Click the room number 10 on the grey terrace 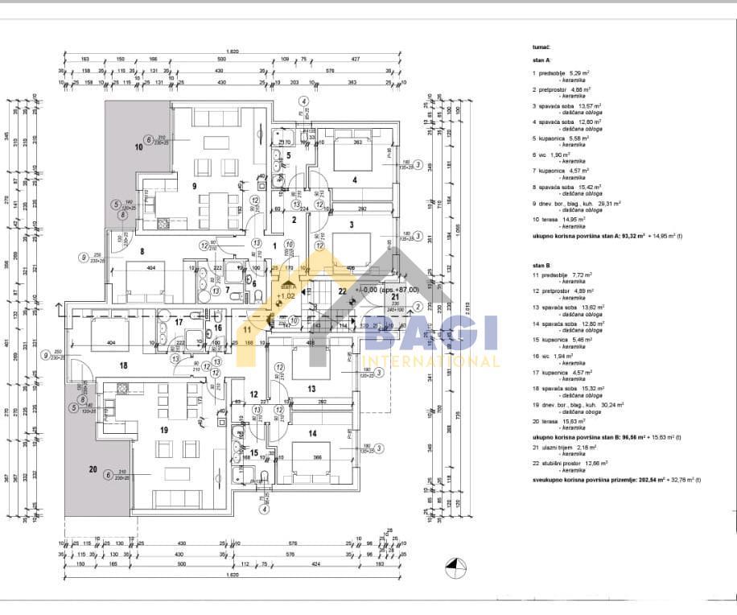pos(138,148)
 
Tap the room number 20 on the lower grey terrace pos(93,469)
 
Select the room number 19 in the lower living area pos(163,431)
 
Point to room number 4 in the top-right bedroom pos(354,180)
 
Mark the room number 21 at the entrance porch pos(395,297)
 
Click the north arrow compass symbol pos(457,568)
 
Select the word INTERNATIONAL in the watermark pos(432,361)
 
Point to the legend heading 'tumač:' pos(541,48)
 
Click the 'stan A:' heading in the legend pos(541,60)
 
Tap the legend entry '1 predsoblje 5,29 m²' pos(562,73)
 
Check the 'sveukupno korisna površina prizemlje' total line pos(616,480)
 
